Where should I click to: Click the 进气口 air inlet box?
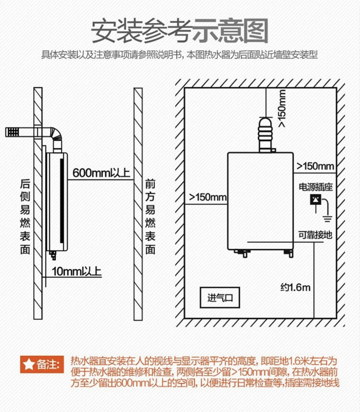point(220,297)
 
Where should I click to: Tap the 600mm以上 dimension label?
point(101,173)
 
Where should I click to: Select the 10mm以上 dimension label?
point(76,272)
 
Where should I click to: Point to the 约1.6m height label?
point(295,287)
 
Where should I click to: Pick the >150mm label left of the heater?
point(208,197)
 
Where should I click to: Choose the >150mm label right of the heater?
point(315,166)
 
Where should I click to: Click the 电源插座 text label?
point(316,187)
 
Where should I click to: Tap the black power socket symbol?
point(316,200)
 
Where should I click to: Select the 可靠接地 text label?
point(315,235)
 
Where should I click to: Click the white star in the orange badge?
point(29,365)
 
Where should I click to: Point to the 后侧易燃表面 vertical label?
point(25,217)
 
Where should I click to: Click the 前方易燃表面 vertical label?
point(150,217)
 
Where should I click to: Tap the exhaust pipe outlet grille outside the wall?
point(12,132)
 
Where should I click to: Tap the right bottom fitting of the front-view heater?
point(290,253)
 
